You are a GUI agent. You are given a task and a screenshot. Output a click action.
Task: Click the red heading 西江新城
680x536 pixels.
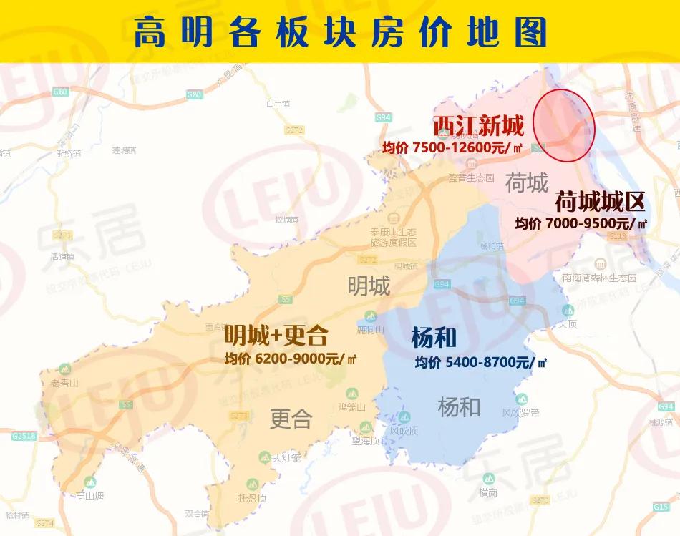(478, 126)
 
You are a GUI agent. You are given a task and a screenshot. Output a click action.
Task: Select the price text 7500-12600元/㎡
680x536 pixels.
(452, 148)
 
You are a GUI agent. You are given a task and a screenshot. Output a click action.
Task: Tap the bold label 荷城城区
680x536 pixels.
(600, 201)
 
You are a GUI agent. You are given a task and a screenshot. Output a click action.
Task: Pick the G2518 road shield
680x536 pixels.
(24, 436)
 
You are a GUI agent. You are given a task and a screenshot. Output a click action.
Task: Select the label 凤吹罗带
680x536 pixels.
(520, 413)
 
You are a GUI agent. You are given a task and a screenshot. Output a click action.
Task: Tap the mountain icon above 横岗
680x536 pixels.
(488, 479)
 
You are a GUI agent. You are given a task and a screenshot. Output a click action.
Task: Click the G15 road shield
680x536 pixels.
(661, 507)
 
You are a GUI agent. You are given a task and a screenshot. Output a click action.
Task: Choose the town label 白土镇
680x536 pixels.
(277, 104)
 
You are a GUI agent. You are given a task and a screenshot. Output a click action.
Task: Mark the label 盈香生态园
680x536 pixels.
(472, 177)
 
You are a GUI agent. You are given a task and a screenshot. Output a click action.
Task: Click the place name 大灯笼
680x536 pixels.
(287, 457)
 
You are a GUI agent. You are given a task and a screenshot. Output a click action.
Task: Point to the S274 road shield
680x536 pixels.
(46, 524)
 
